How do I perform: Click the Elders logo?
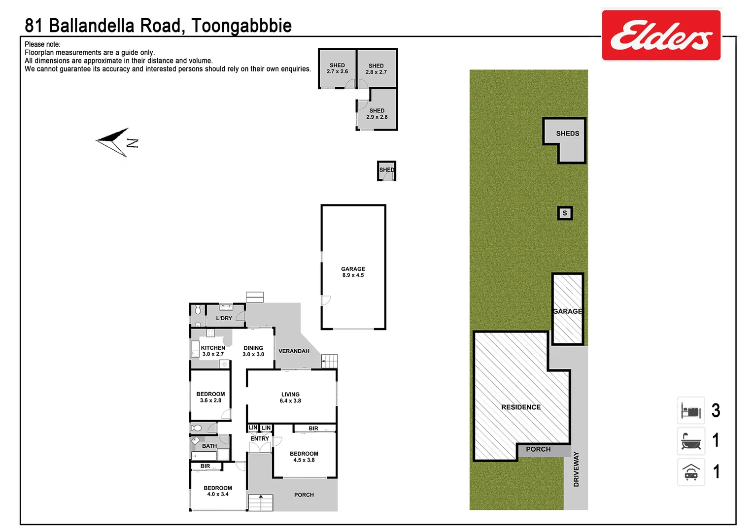click(661, 35)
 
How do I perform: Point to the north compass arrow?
click(113, 141)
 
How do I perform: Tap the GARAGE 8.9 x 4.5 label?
click(353, 272)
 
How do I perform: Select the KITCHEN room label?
click(213, 351)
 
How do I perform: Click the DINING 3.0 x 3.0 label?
click(253, 351)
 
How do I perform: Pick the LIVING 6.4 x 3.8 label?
click(290, 398)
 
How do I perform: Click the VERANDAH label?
click(294, 351)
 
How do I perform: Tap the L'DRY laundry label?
click(224, 318)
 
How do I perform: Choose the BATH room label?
click(209, 446)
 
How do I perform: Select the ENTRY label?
click(260, 438)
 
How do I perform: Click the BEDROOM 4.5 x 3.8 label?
click(304, 457)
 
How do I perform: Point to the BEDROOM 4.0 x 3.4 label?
click(218, 491)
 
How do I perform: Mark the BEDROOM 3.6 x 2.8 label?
click(210, 397)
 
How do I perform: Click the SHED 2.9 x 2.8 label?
click(377, 114)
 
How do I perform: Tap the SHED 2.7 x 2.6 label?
click(337, 68)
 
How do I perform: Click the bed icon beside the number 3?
click(691, 410)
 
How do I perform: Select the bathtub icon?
click(691, 441)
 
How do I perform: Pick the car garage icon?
click(691, 472)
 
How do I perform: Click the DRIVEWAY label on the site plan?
click(576, 469)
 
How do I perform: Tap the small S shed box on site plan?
click(565, 213)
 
